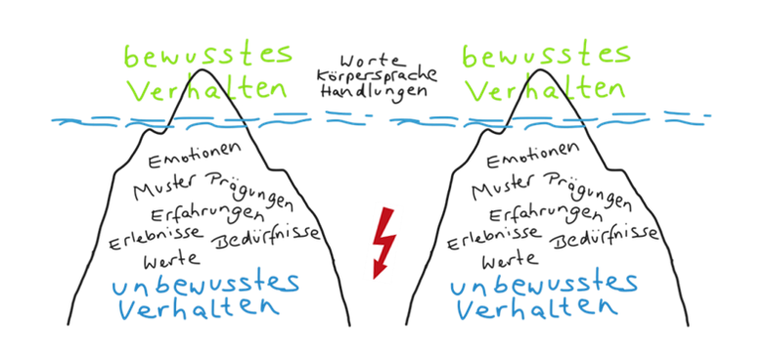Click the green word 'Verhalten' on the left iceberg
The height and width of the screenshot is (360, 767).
[208, 90]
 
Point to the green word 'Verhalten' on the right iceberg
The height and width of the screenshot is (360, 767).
[544, 90]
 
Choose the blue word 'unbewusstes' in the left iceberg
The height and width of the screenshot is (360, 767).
[205, 284]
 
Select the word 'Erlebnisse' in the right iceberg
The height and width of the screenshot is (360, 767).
[485, 241]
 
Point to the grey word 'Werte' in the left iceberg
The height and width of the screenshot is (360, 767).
[172, 260]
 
